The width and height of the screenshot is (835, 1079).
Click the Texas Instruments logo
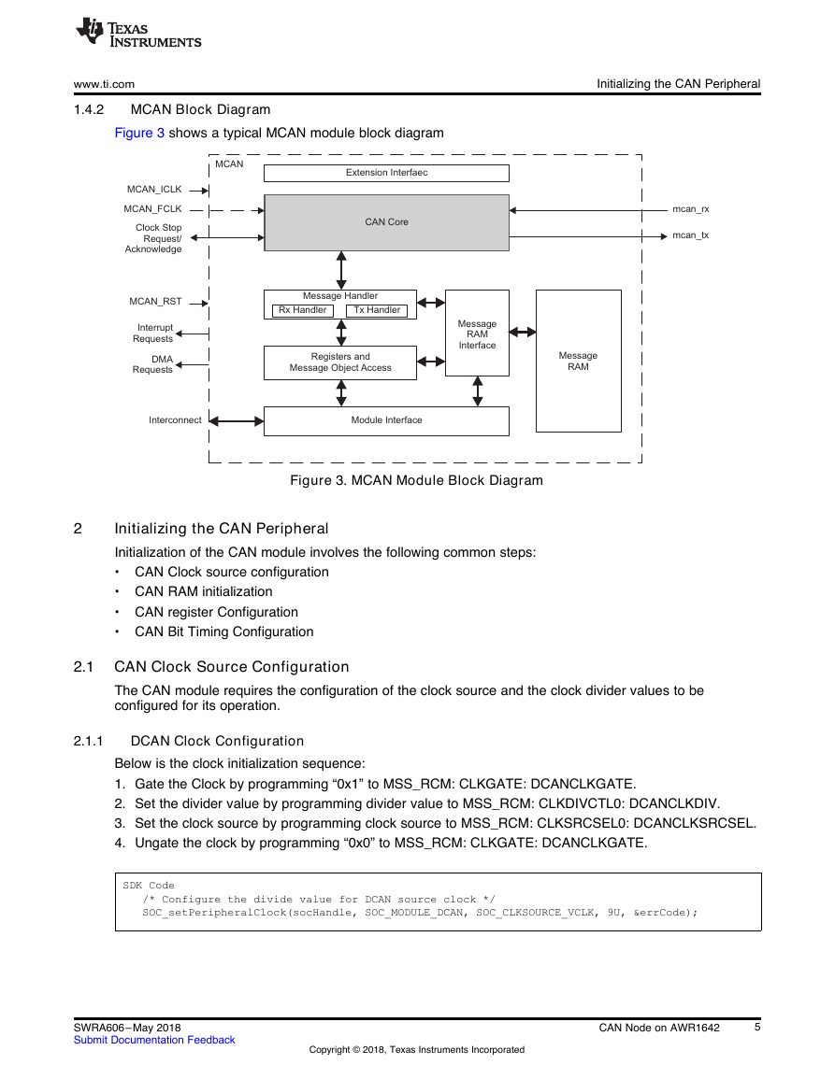click(x=138, y=33)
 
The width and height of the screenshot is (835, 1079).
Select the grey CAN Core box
click(x=386, y=222)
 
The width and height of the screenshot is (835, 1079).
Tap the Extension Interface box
click(x=386, y=173)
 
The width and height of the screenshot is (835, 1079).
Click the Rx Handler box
click(x=302, y=310)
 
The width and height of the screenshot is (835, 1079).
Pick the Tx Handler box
click(x=377, y=310)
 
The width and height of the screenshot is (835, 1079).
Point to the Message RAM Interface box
click(x=478, y=334)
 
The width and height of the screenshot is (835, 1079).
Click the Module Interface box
click(x=386, y=420)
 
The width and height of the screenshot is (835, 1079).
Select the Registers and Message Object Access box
click(x=340, y=362)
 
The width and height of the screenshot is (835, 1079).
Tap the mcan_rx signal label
click(x=690, y=209)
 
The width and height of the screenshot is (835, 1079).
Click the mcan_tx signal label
click(x=690, y=235)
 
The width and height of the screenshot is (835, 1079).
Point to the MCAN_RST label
click(x=156, y=302)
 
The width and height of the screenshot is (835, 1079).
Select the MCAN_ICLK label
click(x=154, y=190)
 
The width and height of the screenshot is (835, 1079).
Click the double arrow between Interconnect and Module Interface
click(x=237, y=421)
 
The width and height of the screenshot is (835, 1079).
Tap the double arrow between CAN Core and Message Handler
click(x=341, y=270)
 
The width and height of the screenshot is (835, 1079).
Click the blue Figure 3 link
click(x=139, y=133)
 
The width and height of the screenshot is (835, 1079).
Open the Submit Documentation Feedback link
click(x=154, y=1040)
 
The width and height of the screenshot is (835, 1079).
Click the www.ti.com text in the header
click(x=104, y=84)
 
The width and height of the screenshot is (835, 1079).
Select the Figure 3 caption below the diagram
click(x=416, y=480)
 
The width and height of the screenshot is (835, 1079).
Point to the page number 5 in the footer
click(x=757, y=1027)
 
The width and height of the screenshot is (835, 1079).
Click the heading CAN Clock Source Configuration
click(x=232, y=667)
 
